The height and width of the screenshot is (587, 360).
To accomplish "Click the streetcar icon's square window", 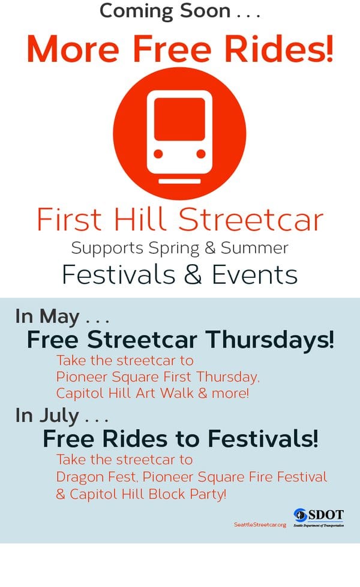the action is pos(179,119).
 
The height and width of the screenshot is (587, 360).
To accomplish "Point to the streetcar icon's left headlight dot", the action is pos(158,154).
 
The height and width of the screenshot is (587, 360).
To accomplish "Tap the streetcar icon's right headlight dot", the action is pos(201,154).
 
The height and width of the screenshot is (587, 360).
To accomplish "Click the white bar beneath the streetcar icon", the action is pos(179,181).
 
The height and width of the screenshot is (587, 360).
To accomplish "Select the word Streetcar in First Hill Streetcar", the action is pos(251,220).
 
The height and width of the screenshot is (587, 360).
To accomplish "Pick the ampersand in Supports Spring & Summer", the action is pos(211,248).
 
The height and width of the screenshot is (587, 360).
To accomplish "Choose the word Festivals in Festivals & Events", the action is pos(119,274).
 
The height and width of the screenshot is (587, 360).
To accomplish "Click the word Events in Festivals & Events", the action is pos(255,274).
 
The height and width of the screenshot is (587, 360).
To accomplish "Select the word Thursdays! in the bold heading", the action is pos(270,340).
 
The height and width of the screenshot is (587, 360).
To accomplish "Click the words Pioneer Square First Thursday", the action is pos(158,376).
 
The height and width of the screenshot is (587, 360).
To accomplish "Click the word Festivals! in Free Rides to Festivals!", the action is pos(263,438).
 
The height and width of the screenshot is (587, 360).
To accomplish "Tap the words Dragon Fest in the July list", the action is pos(96,477).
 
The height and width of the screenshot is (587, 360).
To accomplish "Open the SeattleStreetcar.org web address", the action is pos(260,525).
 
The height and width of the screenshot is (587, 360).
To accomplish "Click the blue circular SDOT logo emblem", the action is pos(300,515).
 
